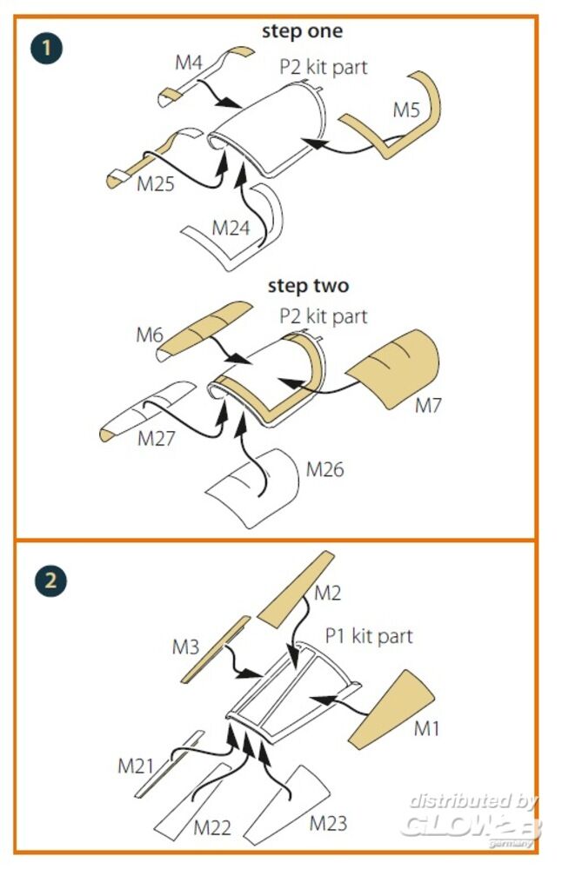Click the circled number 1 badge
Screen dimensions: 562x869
coord(47,48)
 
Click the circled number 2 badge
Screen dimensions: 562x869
coord(50,580)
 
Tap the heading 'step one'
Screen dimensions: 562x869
coord(302,31)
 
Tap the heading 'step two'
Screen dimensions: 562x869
coord(309,286)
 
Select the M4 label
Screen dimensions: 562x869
coord(189,63)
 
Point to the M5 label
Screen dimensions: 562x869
coord(406,109)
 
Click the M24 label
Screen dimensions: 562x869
coord(231,227)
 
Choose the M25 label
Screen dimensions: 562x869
coord(156,184)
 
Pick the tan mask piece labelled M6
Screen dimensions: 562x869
coord(204,329)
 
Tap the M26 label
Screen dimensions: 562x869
coord(325,469)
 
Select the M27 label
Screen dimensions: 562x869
coord(157,438)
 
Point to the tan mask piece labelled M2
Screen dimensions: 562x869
coord(297,588)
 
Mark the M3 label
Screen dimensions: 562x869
coord(185,647)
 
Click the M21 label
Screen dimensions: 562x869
coord(136,766)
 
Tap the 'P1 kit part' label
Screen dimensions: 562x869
coord(369,636)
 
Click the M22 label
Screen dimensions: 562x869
coord(212,828)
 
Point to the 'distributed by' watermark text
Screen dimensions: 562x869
coord(473,801)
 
